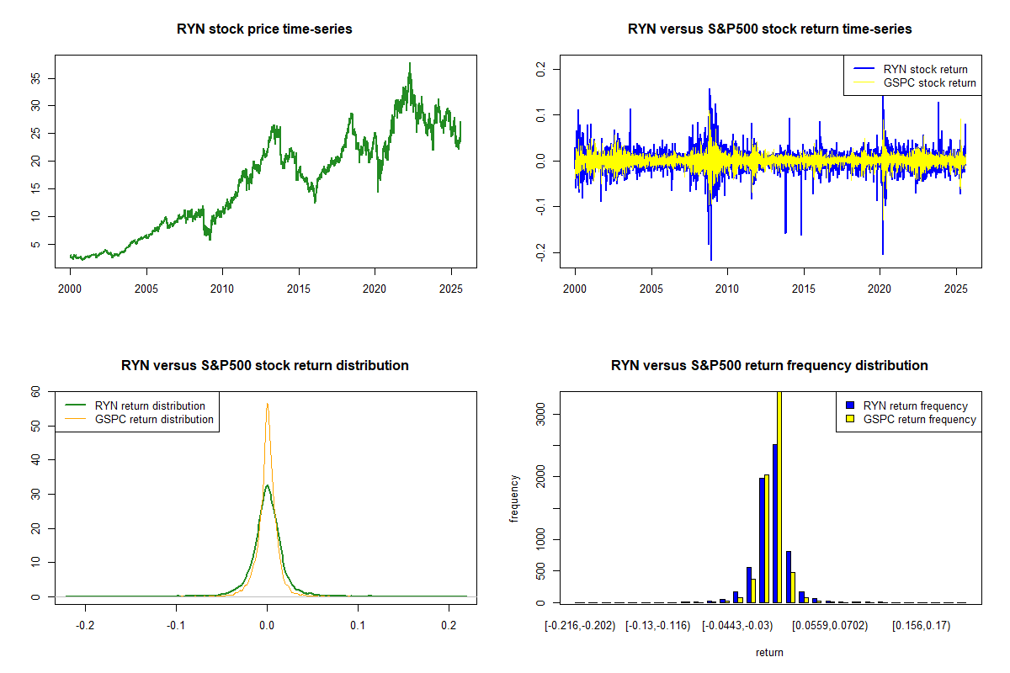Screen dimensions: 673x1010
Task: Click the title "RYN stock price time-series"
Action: [x=264, y=29]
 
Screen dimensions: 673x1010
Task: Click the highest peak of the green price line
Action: [x=410, y=63]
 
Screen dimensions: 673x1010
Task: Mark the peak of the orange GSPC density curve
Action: [x=268, y=404]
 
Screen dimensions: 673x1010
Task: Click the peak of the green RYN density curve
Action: [x=267, y=485]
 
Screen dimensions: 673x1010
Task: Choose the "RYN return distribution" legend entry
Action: [x=150, y=405]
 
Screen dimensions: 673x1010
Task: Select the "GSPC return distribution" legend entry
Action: [x=154, y=419]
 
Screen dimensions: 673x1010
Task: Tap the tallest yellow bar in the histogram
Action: [x=779, y=496]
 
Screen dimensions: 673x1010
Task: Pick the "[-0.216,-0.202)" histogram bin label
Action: [x=580, y=626]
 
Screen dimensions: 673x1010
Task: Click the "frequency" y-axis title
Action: [x=514, y=498]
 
